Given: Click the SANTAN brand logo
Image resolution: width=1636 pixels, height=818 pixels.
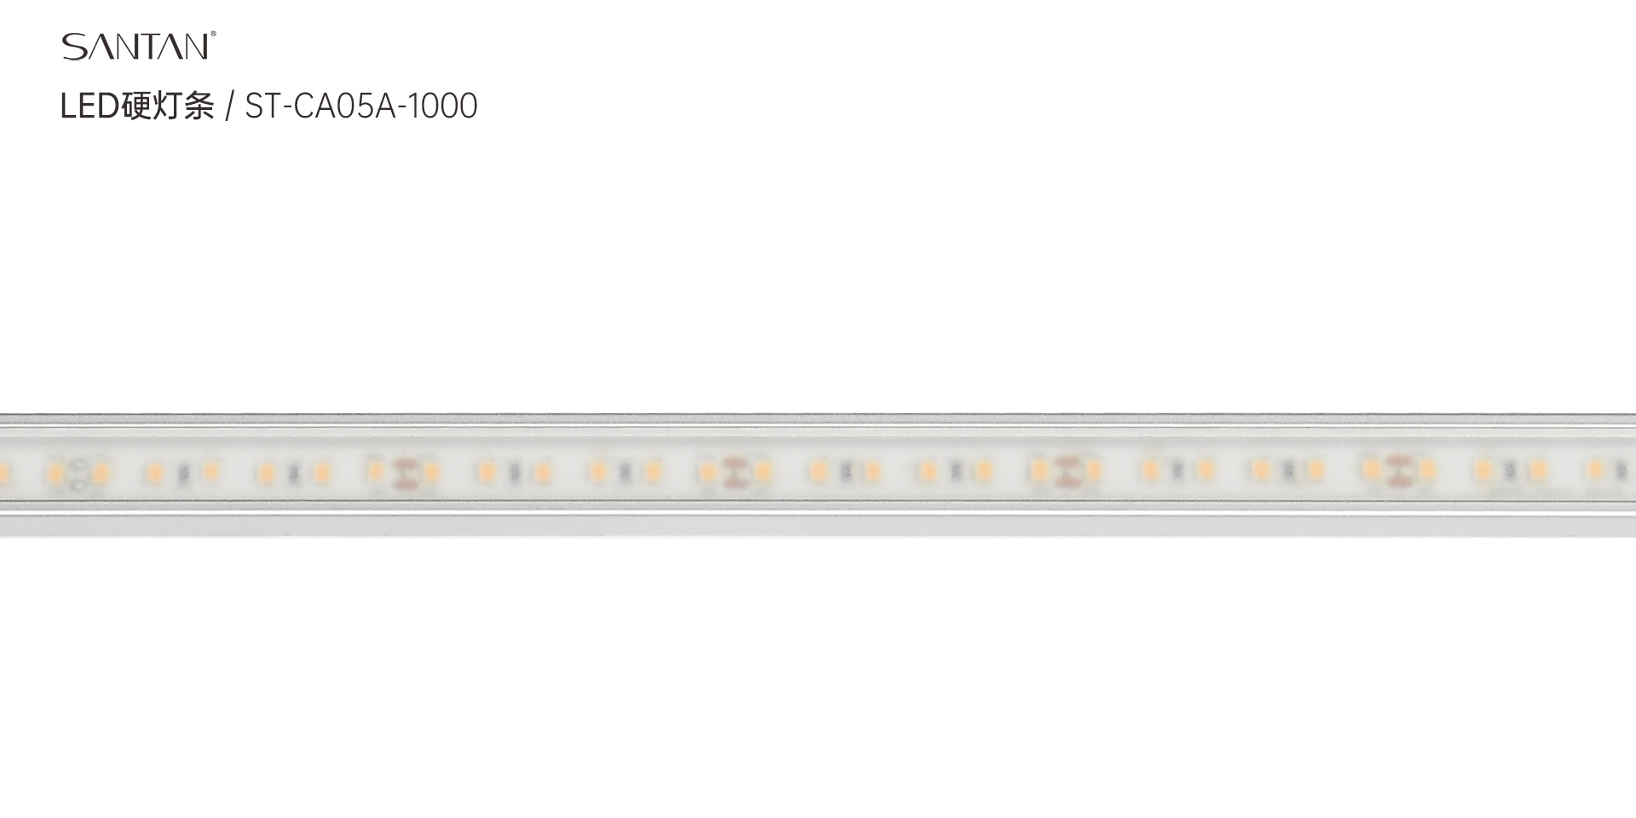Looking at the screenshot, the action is [136, 47].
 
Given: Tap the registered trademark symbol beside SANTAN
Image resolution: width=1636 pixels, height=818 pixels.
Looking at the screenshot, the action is [213, 35].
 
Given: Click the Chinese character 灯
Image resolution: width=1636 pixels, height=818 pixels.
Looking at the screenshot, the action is [168, 107].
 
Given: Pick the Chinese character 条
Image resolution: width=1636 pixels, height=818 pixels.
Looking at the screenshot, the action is [199, 107].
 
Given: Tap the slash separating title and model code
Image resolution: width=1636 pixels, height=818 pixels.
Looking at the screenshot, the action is [229, 107].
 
